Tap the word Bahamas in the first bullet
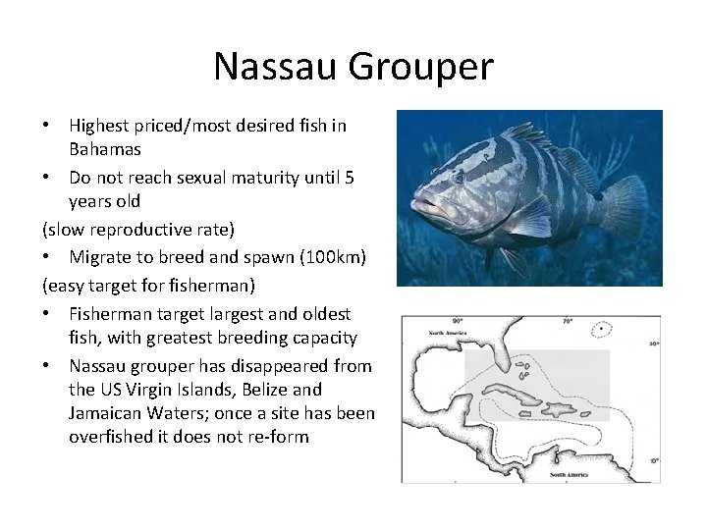click(105, 150)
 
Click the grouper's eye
click(458, 178)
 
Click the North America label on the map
click(448, 334)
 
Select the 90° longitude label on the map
click(458, 321)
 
